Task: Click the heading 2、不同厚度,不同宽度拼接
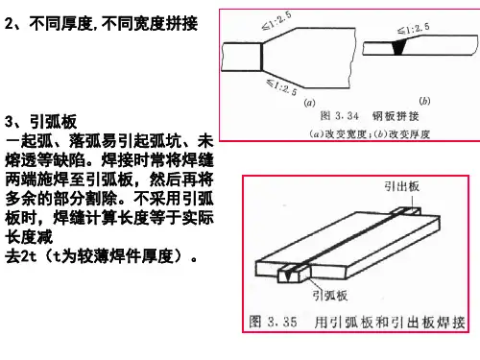pos(101,23)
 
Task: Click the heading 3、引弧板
pos(41,122)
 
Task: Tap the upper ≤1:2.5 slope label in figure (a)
pos(276,21)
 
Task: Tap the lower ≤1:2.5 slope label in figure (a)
pos(282,86)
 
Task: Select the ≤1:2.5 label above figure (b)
pos(414,29)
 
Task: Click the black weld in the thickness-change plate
pos(398,47)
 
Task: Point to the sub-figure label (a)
pos(309,103)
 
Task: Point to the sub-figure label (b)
pos(424,101)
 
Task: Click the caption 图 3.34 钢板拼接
pos(370,115)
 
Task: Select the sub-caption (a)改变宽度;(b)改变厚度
pos(370,133)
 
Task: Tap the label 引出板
pos(402,186)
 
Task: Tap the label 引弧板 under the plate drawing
pos(329,295)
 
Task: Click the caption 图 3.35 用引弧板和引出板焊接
pos(357,322)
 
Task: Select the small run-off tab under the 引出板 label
pos(406,211)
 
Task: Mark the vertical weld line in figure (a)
pos(261,57)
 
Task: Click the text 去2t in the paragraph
pos(21,256)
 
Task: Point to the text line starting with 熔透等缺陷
pos(109,160)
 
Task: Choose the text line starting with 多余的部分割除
pos(109,199)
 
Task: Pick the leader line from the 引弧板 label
pos(315,283)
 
